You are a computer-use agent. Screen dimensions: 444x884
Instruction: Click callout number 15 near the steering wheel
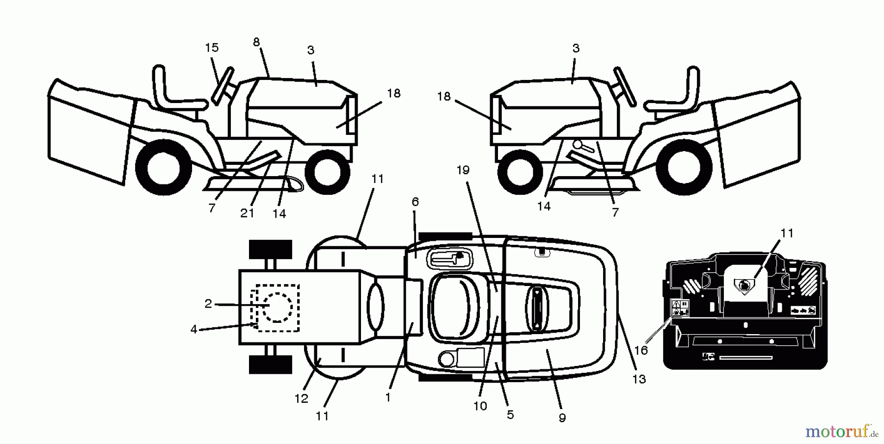pos(212,48)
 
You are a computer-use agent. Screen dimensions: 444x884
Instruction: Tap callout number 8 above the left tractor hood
pos(256,43)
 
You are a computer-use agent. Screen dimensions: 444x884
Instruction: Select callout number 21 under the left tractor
pos(247,213)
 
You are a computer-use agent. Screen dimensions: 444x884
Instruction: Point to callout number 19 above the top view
pos(463,170)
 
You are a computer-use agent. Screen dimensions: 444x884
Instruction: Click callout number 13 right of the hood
pos(639,379)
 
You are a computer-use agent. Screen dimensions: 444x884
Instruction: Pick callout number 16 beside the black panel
pos(641,350)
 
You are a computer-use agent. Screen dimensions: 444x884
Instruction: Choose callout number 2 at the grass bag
pos(208,304)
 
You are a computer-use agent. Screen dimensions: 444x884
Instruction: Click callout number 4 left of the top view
pos(194,329)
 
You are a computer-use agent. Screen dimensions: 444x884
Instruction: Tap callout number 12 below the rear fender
pos(301,398)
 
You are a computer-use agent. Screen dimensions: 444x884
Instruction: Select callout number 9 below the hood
pos(562,418)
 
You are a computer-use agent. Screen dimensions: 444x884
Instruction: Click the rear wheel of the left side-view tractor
pos(163,167)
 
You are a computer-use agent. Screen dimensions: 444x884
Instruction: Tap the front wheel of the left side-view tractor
pos(328,172)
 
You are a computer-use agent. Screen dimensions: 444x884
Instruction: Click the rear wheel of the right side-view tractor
pos(684,166)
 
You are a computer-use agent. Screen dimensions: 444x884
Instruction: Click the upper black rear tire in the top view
pos(271,249)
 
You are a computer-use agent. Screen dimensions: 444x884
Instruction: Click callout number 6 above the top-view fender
pos(415,202)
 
